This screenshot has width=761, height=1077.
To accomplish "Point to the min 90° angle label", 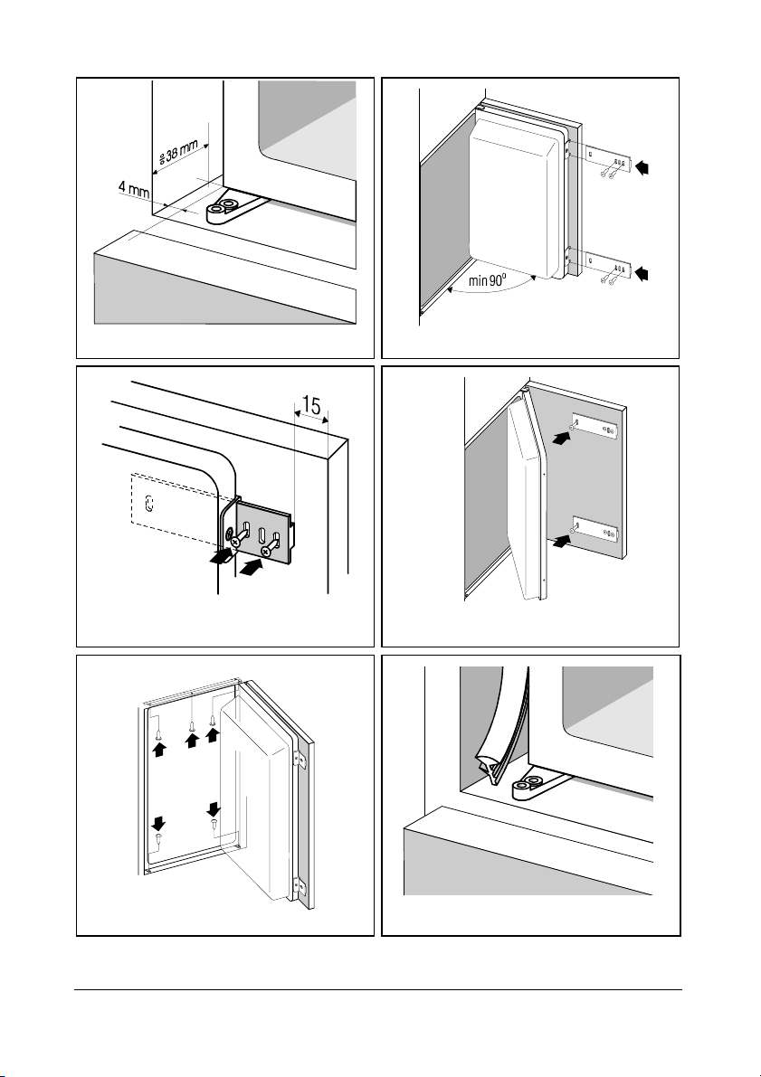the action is point(487,280).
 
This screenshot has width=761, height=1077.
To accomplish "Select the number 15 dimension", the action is point(310,405).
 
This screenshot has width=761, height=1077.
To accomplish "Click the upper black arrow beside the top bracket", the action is point(642,167).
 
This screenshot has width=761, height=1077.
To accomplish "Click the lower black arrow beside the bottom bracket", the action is point(642,274).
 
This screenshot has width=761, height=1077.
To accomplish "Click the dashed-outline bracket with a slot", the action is point(173,505).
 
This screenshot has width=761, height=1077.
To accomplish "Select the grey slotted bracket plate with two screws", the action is point(263,533).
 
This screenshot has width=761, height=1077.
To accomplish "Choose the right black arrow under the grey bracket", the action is point(252,567).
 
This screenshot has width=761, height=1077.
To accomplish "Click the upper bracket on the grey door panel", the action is point(595,426).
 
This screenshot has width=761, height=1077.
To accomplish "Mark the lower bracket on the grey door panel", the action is point(595,529).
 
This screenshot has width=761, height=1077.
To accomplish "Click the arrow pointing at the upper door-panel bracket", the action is point(562,438).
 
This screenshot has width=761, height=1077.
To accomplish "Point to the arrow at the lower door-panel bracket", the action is point(562,542).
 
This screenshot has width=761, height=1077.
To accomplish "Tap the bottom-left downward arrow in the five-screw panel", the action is point(158,822).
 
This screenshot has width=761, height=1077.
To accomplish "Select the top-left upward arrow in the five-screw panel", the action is point(158,750).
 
